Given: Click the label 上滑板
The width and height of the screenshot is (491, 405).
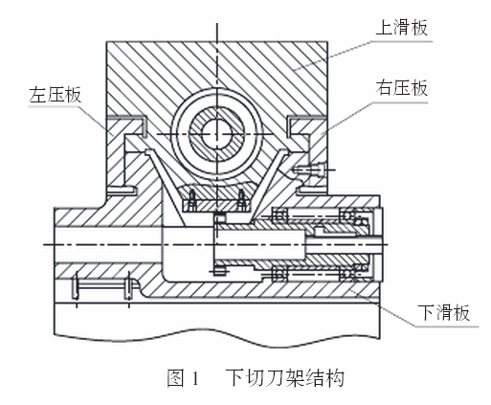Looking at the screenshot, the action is coord(401,28).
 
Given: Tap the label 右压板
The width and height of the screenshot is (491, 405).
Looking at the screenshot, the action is coord(401,88).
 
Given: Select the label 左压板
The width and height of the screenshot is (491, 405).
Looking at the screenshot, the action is coord(55,95).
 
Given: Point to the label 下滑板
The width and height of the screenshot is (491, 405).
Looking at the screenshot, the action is coord(444,313).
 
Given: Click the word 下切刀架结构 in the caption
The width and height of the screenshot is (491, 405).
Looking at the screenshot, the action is coord(285,378).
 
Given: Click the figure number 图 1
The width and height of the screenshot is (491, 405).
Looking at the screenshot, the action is coord(183,378).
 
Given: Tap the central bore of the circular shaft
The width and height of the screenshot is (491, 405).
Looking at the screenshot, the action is coord(217,133).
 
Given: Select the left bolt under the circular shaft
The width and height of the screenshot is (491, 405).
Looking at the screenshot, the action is coord(192,200).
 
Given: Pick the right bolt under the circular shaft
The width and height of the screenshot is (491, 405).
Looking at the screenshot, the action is coord(242,200).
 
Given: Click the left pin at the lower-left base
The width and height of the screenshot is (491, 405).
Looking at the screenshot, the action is coord(76,285).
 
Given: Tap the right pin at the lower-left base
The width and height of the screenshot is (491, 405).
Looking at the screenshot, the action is coord(128,285).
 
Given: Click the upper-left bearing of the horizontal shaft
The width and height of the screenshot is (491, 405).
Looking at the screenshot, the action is coord(279,215).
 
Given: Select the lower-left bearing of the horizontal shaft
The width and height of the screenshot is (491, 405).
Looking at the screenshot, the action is coord(279,274).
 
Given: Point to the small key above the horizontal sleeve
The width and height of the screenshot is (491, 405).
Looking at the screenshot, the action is coord(220,218).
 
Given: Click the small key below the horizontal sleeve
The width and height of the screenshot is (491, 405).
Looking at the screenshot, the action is coord(220,271).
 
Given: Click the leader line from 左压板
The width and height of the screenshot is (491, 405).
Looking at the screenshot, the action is coord(93,122).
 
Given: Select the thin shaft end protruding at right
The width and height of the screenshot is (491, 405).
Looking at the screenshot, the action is coord(345,244).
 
